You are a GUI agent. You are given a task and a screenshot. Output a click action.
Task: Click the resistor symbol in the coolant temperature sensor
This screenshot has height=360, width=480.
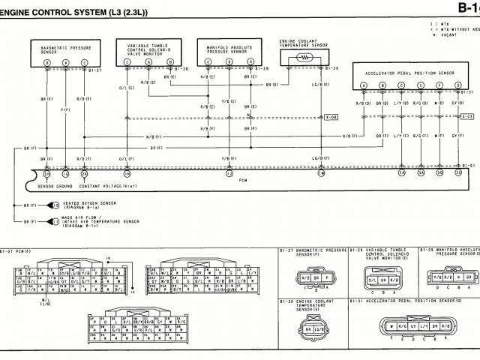304,57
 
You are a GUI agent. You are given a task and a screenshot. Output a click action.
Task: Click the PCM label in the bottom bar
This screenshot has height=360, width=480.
242,181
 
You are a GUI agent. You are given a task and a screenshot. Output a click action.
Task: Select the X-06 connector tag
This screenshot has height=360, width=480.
332,117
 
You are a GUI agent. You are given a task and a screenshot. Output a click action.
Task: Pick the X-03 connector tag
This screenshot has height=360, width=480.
466,117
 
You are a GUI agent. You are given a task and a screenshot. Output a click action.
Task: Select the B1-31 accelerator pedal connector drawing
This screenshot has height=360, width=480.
411,327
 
